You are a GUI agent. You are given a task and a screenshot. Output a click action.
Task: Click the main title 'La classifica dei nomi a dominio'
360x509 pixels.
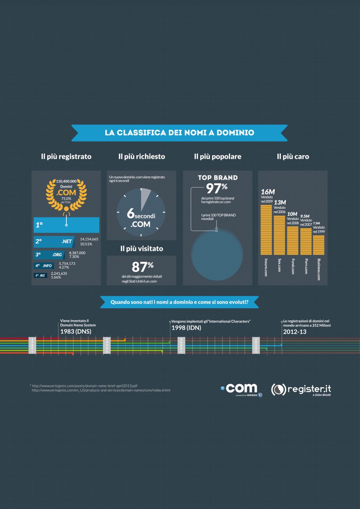pyautogui.click(x=180, y=133)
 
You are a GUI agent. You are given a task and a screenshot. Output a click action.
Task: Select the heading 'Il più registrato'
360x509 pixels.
pyautogui.click(x=66, y=157)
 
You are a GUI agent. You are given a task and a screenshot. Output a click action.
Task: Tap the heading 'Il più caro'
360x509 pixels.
pyautogui.click(x=293, y=157)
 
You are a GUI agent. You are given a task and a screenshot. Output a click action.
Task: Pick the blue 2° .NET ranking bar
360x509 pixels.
pyautogui.click(x=54, y=241)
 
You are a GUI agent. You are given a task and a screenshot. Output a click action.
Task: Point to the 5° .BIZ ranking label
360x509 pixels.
pyautogui.click(x=41, y=275)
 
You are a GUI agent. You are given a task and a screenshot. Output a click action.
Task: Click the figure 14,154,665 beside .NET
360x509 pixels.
pyautogui.click(x=89, y=239)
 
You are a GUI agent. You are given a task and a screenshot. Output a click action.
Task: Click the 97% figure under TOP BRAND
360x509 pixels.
pyautogui.click(x=216, y=188)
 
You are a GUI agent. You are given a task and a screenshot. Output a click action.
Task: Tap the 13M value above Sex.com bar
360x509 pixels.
pyautogui.click(x=280, y=202)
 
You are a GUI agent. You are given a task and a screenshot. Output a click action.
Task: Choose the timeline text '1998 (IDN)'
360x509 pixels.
pyautogui.click(x=186, y=328)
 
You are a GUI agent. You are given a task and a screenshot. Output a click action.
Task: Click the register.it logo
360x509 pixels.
pyautogui.click(x=301, y=389)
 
